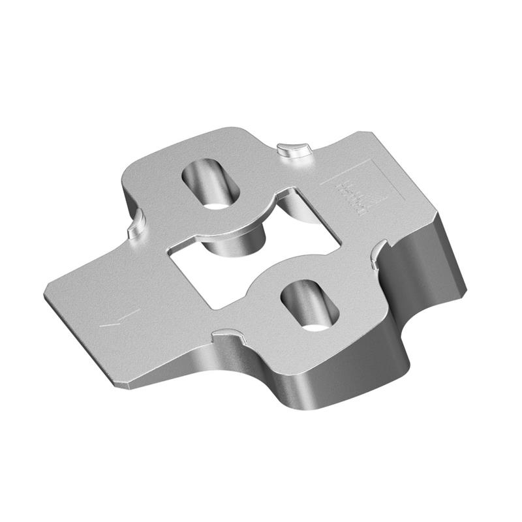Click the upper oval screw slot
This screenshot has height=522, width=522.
(210, 181)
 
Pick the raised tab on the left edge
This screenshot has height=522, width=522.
(134, 223)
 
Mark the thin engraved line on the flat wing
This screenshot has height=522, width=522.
(121, 318)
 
